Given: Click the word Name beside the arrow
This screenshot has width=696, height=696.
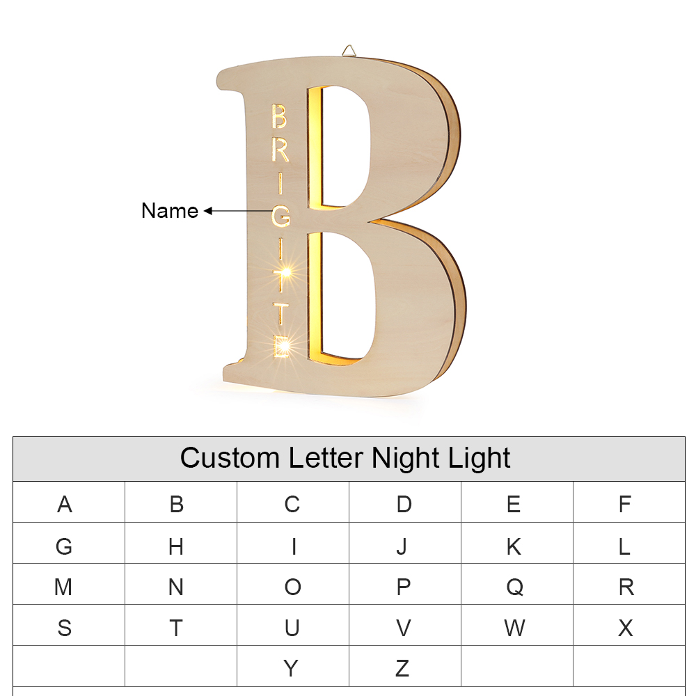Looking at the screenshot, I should (169, 210).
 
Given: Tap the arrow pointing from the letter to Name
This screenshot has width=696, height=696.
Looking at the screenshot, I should (237, 210).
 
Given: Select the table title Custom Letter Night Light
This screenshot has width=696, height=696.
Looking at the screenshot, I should (345, 458).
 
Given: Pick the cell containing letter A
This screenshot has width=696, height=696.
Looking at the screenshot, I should (65, 504).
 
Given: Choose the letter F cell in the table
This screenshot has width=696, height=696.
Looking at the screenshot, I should (624, 504).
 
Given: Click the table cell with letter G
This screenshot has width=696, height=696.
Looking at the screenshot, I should (64, 546).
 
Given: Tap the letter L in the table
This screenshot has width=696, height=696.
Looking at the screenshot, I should (624, 546).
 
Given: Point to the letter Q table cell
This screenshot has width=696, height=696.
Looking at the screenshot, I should (514, 587).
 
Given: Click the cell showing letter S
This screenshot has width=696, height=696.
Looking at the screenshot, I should (64, 628).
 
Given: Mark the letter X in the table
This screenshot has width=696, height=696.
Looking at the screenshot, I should (626, 628).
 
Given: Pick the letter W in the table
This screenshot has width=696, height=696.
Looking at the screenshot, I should (514, 628).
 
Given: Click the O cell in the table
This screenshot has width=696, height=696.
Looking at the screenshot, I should (292, 587).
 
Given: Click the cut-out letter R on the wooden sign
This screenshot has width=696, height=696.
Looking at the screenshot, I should (280, 150).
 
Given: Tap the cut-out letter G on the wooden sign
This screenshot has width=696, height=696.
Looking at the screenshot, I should (280, 216).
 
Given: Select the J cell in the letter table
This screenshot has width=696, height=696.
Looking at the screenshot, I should (402, 546).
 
